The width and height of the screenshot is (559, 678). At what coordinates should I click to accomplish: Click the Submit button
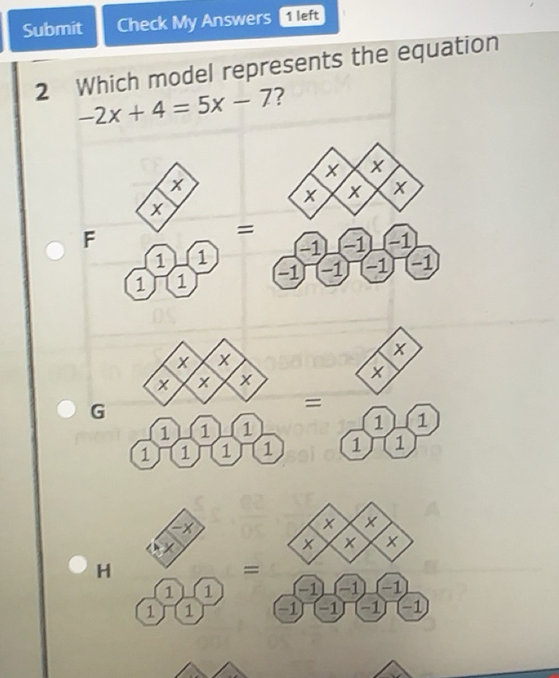click(x=52, y=28)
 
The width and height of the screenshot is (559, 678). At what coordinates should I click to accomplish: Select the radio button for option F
click(x=54, y=250)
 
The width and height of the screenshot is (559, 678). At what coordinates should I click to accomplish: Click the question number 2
click(x=43, y=91)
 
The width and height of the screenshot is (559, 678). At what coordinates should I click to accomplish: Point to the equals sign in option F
click(x=248, y=231)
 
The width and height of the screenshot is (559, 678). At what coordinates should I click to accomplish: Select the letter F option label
click(x=89, y=239)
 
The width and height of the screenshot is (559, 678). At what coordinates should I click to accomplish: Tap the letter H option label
click(x=104, y=572)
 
